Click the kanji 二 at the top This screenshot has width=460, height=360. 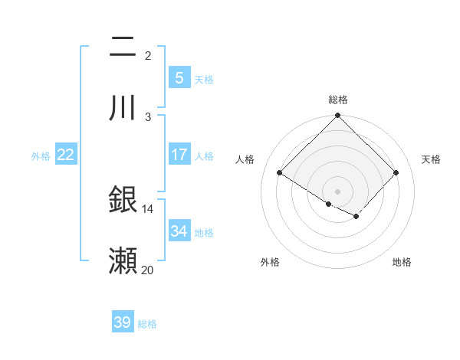click(x=123, y=47)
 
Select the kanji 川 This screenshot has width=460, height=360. click(x=123, y=107)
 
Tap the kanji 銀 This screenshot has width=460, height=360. click(x=123, y=200)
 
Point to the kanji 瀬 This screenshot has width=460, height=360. click(x=123, y=261)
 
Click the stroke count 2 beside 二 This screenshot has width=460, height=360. click(x=148, y=55)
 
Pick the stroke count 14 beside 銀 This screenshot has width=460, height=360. click(x=147, y=208)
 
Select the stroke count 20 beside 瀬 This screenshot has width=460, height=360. click(x=147, y=270)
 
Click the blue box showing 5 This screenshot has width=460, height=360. click(x=179, y=77)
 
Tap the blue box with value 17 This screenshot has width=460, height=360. click(x=179, y=155)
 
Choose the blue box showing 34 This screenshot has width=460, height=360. click(x=179, y=231)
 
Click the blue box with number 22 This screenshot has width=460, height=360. click(x=66, y=155)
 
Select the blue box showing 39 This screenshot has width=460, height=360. click(x=123, y=322)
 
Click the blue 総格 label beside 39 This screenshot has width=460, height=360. click(x=147, y=324)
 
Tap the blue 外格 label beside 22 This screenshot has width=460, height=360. click(x=41, y=156)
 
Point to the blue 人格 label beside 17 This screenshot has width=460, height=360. click(x=204, y=156)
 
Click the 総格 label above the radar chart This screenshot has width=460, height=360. click(x=338, y=100)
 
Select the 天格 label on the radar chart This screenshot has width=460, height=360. click(x=431, y=159)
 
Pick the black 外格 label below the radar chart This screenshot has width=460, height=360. click(x=270, y=262)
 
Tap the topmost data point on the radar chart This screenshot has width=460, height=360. click(x=338, y=116)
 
